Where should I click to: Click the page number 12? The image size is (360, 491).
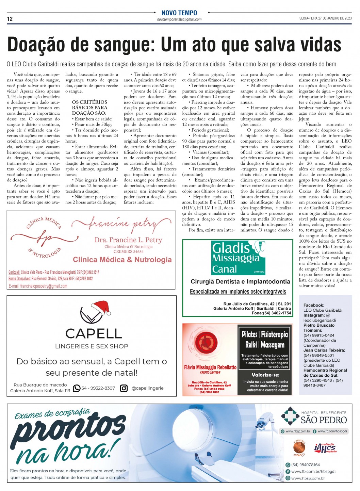coord(10,19)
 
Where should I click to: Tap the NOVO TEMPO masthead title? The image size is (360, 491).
coord(179,13)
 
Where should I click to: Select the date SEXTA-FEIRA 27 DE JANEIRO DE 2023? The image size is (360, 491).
coord(325,18)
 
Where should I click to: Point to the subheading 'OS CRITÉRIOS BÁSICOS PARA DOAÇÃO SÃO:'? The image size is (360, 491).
coord(89,108)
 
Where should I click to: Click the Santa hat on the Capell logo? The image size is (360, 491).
coord(102,308)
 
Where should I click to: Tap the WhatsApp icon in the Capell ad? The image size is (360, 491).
coord(77,388)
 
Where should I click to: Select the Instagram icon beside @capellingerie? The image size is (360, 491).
coord(124,388)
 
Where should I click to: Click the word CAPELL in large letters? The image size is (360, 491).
coord(93,333)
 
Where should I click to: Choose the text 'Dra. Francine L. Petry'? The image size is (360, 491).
coord(128,240)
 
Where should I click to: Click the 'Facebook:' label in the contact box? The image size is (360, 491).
coord(313,305)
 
